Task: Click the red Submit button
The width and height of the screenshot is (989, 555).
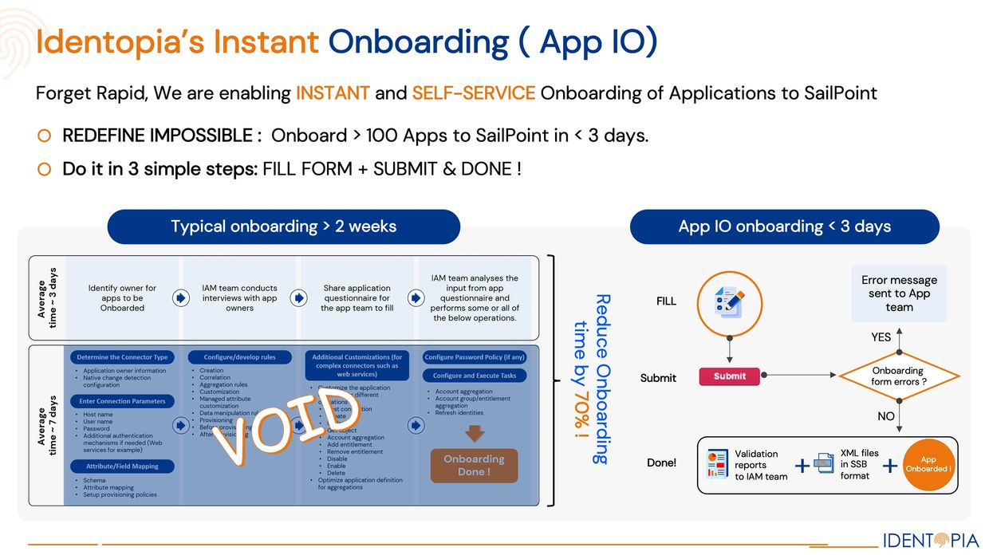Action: tap(729, 376)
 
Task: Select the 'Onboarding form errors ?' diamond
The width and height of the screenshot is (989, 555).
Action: tap(898, 376)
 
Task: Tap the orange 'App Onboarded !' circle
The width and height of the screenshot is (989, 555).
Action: tap(928, 464)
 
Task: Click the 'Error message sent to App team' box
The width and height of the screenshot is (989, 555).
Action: tap(899, 293)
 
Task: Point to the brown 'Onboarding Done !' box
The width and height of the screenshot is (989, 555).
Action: tap(474, 465)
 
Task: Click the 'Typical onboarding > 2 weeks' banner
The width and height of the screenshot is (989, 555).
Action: tap(283, 226)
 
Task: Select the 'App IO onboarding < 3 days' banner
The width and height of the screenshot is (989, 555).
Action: tap(784, 226)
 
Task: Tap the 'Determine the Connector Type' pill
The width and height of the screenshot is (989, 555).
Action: tap(123, 357)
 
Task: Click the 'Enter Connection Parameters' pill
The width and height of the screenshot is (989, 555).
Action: tap(123, 401)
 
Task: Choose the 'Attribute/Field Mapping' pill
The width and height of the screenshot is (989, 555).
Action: tap(123, 466)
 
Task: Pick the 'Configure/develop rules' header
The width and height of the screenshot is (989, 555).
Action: tap(239, 357)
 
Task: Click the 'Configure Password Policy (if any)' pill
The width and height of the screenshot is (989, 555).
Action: tap(475, 357)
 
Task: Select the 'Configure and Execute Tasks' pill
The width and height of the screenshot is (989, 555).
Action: tap(475, 376)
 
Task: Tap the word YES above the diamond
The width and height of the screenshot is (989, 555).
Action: tap(881, 337)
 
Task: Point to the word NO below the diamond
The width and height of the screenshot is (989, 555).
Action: tap(885, 416)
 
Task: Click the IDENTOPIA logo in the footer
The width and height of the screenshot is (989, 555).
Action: tap(930, 540)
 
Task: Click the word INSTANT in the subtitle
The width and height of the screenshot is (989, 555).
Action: tap(333, 93)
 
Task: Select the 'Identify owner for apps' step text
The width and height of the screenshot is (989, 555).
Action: tap(122, 297)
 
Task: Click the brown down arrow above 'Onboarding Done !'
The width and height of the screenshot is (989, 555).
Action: tap(475, 433)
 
